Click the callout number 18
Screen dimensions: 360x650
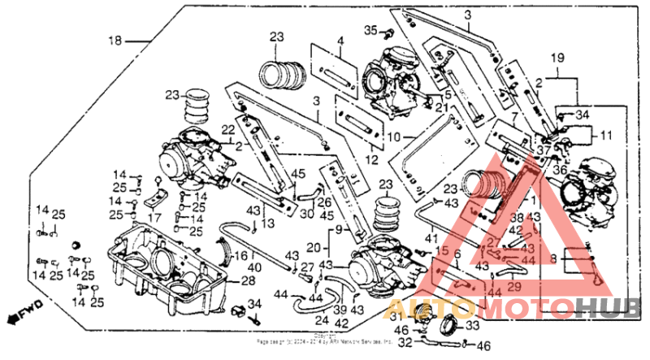pos(115,40)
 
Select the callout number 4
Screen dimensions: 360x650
pos(341,41)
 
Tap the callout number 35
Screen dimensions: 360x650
pos(370,30)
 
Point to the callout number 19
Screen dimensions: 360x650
pos(558,59)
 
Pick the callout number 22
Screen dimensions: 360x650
pos(227,130)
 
